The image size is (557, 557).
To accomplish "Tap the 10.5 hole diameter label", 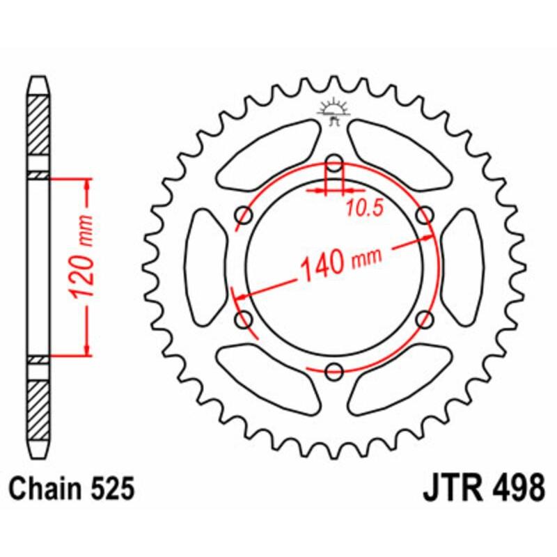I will [362, 207].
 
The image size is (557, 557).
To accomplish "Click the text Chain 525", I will [72, 489].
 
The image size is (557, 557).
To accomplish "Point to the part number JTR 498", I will [483, 489].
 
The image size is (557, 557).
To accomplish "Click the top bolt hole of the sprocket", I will [334, 164].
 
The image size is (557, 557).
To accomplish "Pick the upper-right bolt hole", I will [423, 216].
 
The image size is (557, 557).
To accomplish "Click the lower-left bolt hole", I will [245, 320].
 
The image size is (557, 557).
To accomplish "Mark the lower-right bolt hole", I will [423, 319].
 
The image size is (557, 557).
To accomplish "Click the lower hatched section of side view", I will [39, 404].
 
